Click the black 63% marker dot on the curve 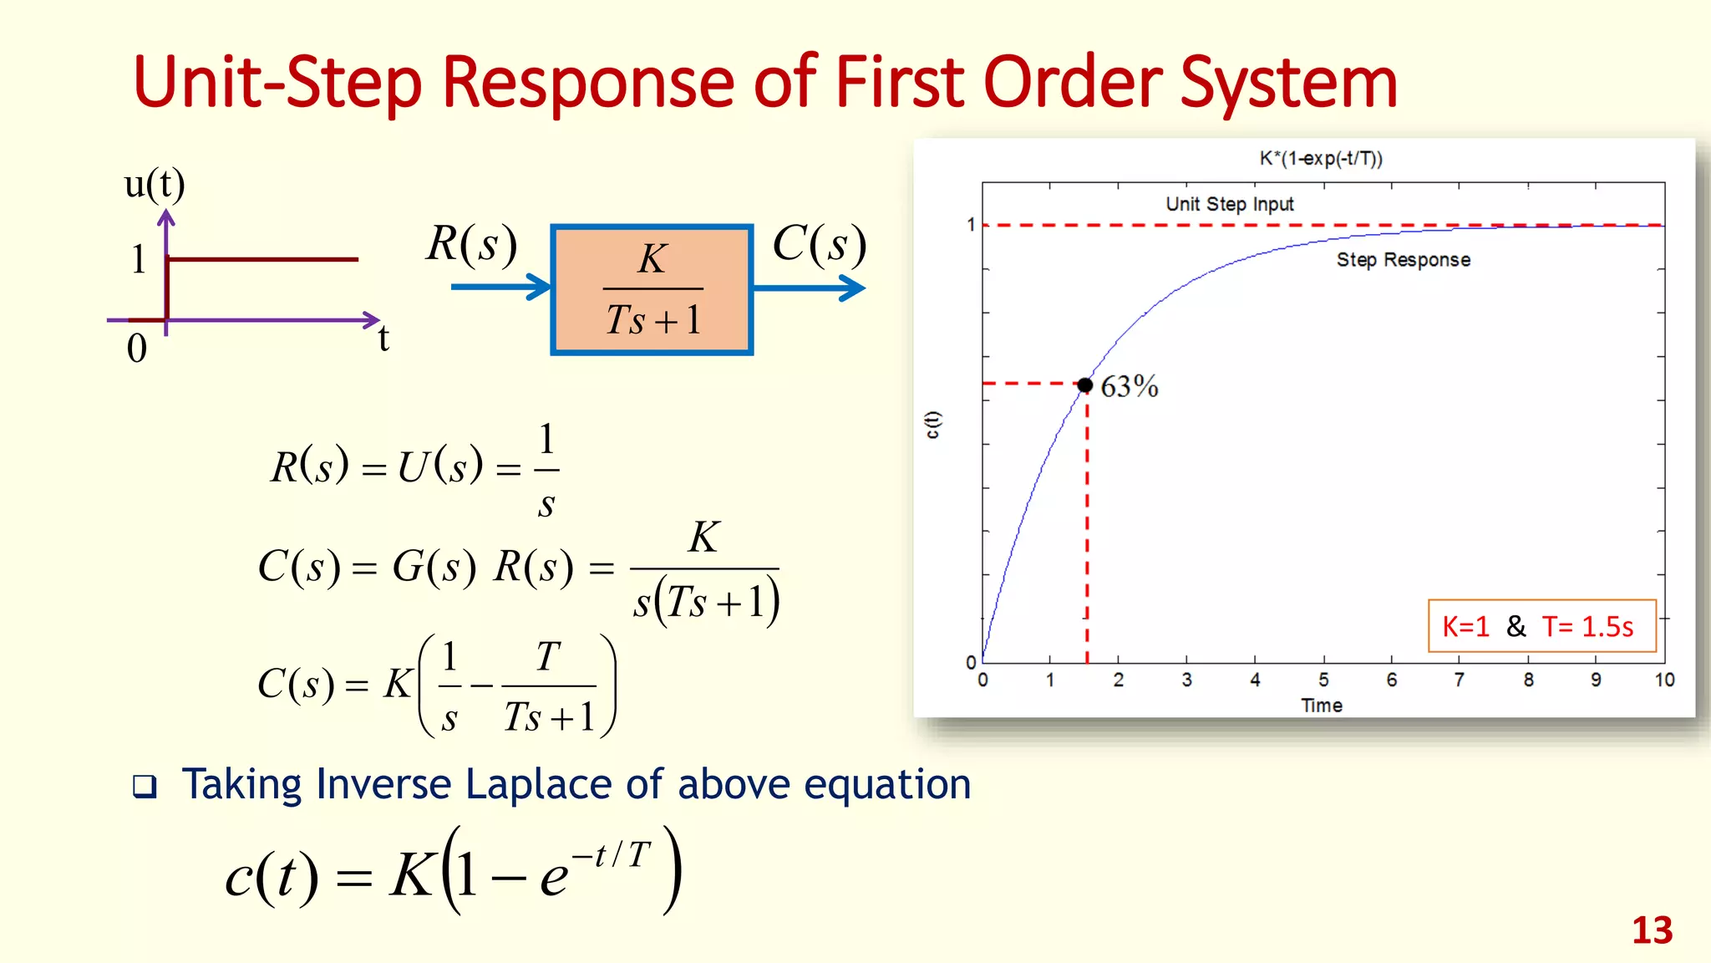[x=1084, y=385]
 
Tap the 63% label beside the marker [x=1130, y=387]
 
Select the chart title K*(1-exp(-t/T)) [x=1321, y=159]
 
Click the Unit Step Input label [x=1229, y=204]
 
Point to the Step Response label [x=1403, y=260]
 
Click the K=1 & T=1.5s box [x=1541, y=626]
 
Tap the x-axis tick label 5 [x=1323, y=680]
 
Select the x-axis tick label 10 [x=1663, y=680]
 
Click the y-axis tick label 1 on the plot [x=971, y=225]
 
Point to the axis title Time [x=1322, y=706]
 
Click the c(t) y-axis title [x=933, y=425]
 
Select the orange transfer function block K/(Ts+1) [x=652, y=290]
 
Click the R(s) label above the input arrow [x=471, y=244]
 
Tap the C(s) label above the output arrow [x=819, y=244]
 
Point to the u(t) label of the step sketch [x=155, y=184]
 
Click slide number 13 [x=1652, y=930]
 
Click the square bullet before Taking [x=145, y=787]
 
